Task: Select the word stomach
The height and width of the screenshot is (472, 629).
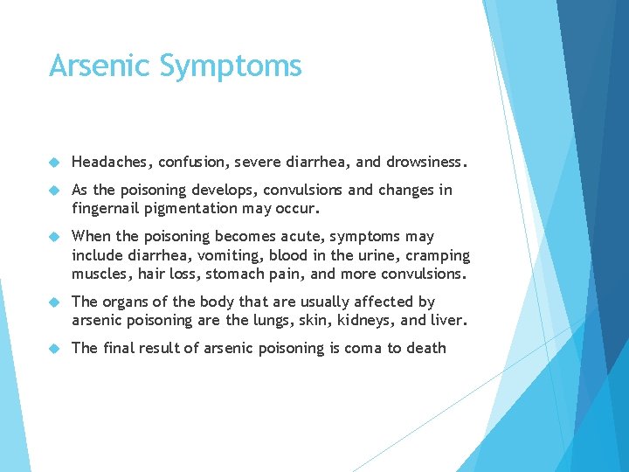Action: [255, 274]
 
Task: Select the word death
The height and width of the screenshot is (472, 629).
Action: [425, 348]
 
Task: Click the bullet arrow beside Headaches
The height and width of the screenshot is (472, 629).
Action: [54, 163]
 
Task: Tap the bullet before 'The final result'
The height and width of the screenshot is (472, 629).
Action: [54, 349]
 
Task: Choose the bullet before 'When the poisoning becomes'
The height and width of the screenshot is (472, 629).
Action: [54, 237]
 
